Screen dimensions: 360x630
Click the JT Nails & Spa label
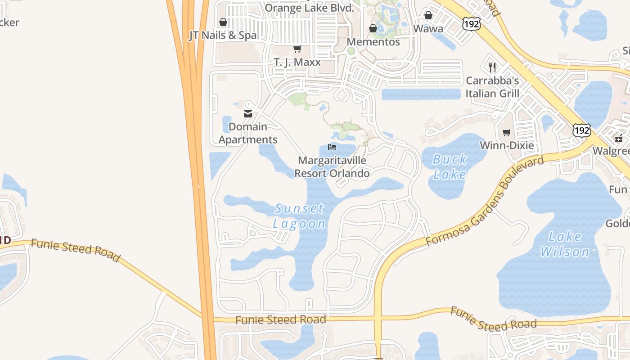[x=223, y=36]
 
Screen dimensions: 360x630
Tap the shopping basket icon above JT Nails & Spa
[x=223, y=22]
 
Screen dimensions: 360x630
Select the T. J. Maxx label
[x=297, y=62]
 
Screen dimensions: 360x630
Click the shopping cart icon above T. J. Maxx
[x=297, y=49]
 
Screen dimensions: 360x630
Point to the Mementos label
[x=373, y=42]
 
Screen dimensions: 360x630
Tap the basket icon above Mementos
[x=373, y=29]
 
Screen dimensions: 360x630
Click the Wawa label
[x=428, y=29]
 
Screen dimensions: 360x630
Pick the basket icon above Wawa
[x=428, y=16]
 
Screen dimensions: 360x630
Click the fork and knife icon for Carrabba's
[x=492, y=67]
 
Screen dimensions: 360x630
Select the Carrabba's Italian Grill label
[x=492, y=87]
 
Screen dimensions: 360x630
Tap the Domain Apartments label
[x=248, y=133]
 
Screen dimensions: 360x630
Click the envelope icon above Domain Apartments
[x=248, y=114]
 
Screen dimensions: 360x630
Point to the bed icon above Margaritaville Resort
[x=332, y=147]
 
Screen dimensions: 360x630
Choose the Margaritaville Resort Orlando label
[x=332, y=167]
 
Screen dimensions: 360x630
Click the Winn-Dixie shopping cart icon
[x=507, y=132]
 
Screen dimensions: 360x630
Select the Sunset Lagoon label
[x=299, y=216]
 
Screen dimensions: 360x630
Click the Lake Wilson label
[x=565, y=244]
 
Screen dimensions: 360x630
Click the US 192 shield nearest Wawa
[x=471, y=24]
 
